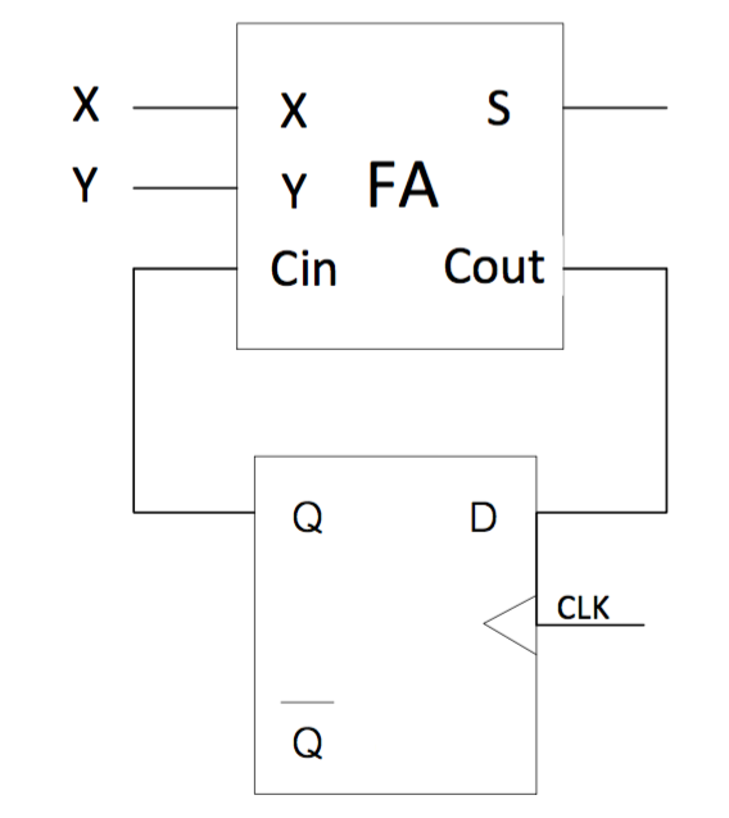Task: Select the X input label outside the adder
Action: point(86,104)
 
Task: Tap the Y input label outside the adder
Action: point(85,184)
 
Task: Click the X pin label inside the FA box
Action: point(294,110)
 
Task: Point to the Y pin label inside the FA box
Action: point(294,190)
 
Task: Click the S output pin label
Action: point(498,108)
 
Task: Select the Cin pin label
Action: point(304,269)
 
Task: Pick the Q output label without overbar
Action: point(307,517)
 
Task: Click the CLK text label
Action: point(583,608)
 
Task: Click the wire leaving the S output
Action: point(615,108)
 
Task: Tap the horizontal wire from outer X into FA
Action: point(185,108)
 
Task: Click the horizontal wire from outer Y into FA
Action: point(185,188)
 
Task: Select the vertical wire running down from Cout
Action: point(667,390)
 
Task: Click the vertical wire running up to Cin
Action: point(134,390)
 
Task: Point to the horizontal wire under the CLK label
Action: point(591,625)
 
